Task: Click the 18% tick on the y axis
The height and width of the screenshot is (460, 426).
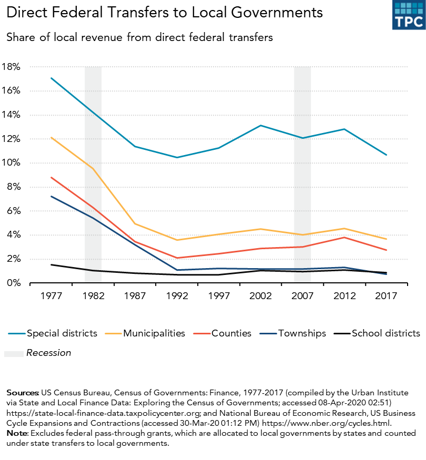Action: click(x=11, y=67)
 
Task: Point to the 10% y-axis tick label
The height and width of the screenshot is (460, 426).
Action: click(x=11, y=163)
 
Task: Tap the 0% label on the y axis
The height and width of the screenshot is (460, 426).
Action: click(x=13, y=283)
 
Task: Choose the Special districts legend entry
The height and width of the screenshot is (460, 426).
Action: click(x=62, y=333)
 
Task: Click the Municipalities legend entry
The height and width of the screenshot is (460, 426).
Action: click(x=154, y=333)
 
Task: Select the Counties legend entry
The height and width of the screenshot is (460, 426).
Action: click(x=231, y=333)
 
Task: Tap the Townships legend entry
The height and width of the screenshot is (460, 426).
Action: click(x=302, y=333)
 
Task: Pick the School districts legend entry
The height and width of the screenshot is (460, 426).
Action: click(x=386, y=333)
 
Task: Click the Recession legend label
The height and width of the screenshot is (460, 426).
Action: click(x=48, y=353)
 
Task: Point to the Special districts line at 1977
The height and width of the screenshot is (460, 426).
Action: click(x=51, y=78)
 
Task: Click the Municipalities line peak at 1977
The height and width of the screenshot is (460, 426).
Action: click(x=51, y=138)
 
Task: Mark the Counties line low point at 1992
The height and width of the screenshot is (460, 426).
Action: click(x=177, y=258)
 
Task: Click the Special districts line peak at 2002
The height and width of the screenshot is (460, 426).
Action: click(x=261, y=126)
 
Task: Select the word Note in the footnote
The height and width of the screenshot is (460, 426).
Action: click(x=15, y=433)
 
